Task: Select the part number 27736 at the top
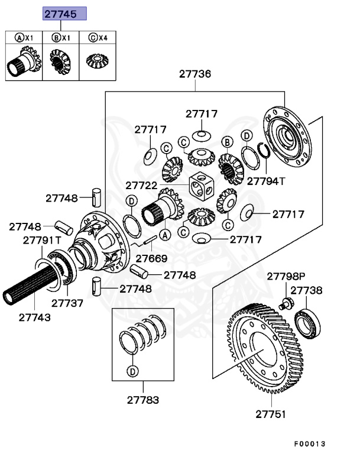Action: click(196, 74)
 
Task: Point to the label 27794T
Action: click(265, 181)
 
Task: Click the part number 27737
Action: click(67, 303)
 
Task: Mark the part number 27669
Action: click(151, 258)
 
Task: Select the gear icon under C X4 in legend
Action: click(98, 60)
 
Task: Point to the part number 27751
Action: click(270, 414)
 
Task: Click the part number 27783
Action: click(142, 400)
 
